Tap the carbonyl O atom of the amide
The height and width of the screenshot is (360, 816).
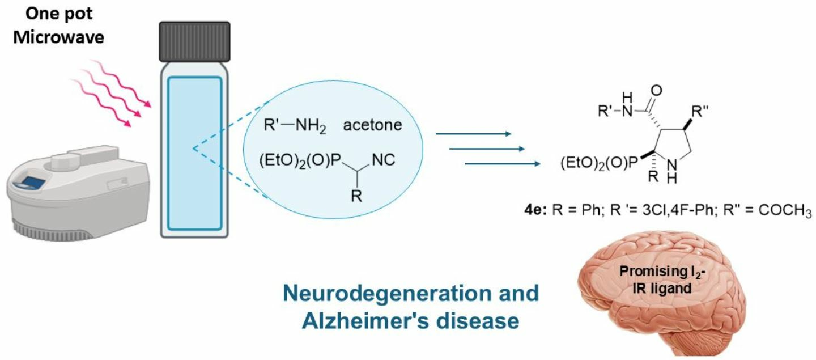click(657, 90)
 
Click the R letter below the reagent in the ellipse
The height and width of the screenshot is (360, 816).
click(356, 198)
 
